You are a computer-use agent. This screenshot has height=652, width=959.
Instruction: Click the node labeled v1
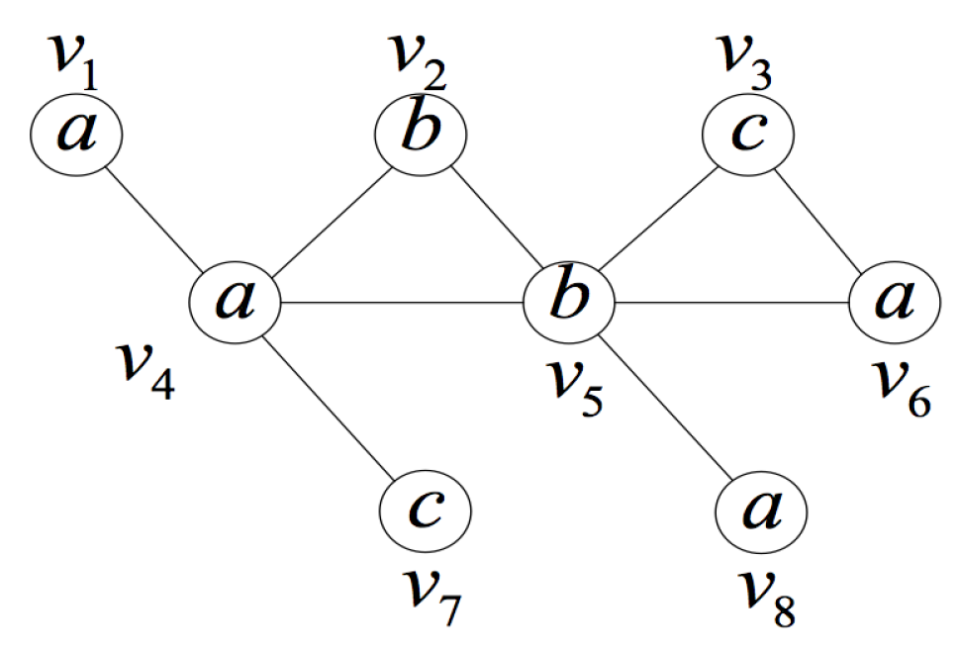click(x=76, y=135)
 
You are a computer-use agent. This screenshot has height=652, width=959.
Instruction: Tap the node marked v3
click(x=748, y=134)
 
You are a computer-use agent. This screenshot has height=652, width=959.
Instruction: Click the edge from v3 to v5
click(x=658, y=217)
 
